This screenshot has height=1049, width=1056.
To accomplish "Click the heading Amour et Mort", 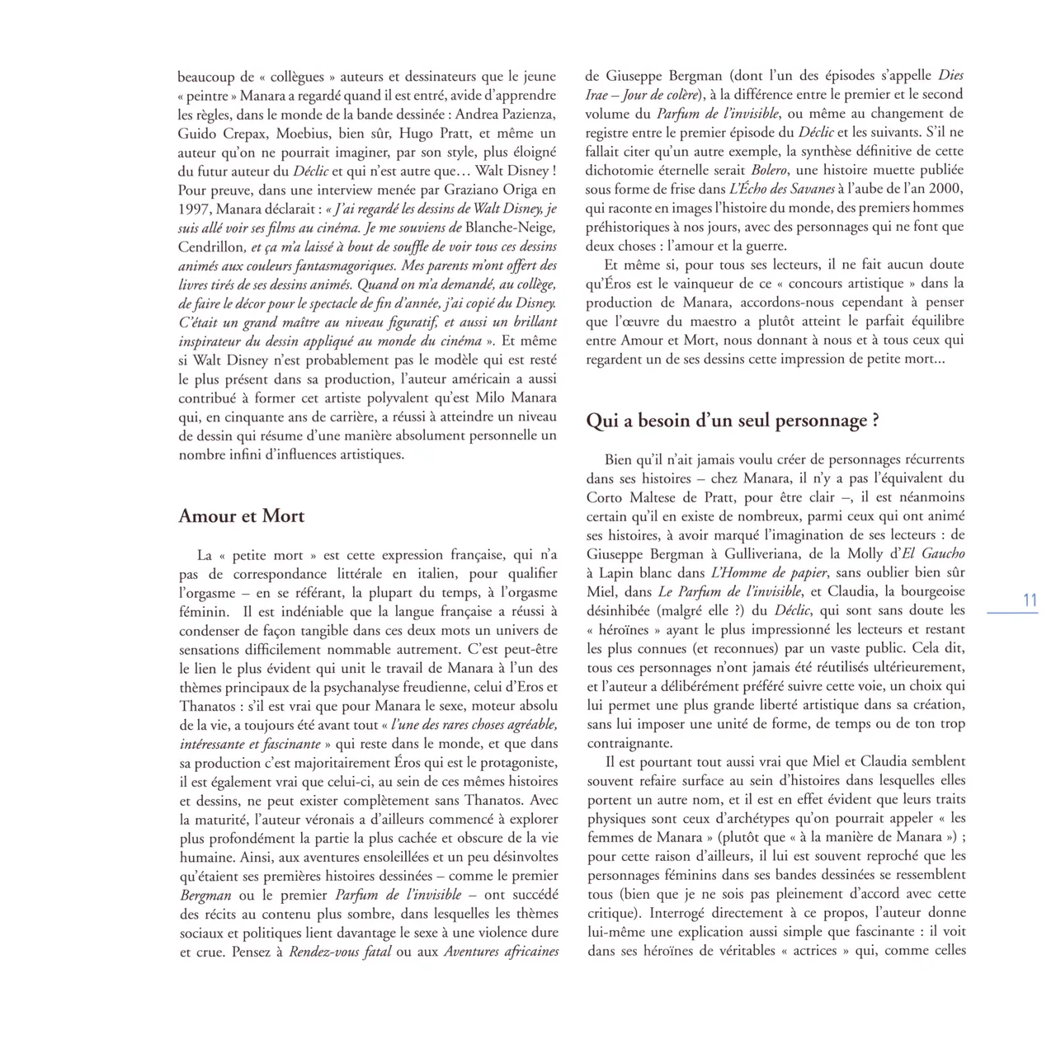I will coord(241,516).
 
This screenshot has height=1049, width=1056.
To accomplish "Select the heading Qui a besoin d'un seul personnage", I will coord(731,421).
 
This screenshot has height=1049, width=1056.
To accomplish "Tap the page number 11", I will coord(1030,601).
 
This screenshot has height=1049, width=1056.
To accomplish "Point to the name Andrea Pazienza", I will coord(506,114).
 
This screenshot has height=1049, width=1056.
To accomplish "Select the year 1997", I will coord(195,209).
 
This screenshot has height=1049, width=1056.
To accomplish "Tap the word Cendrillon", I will coord(211,247).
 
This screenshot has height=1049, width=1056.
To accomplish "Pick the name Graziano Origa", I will coord(492,190).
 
